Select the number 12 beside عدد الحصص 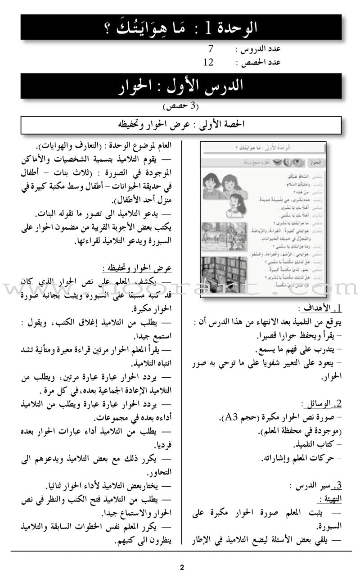coord(208,62)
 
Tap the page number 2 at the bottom coord(181,555)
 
